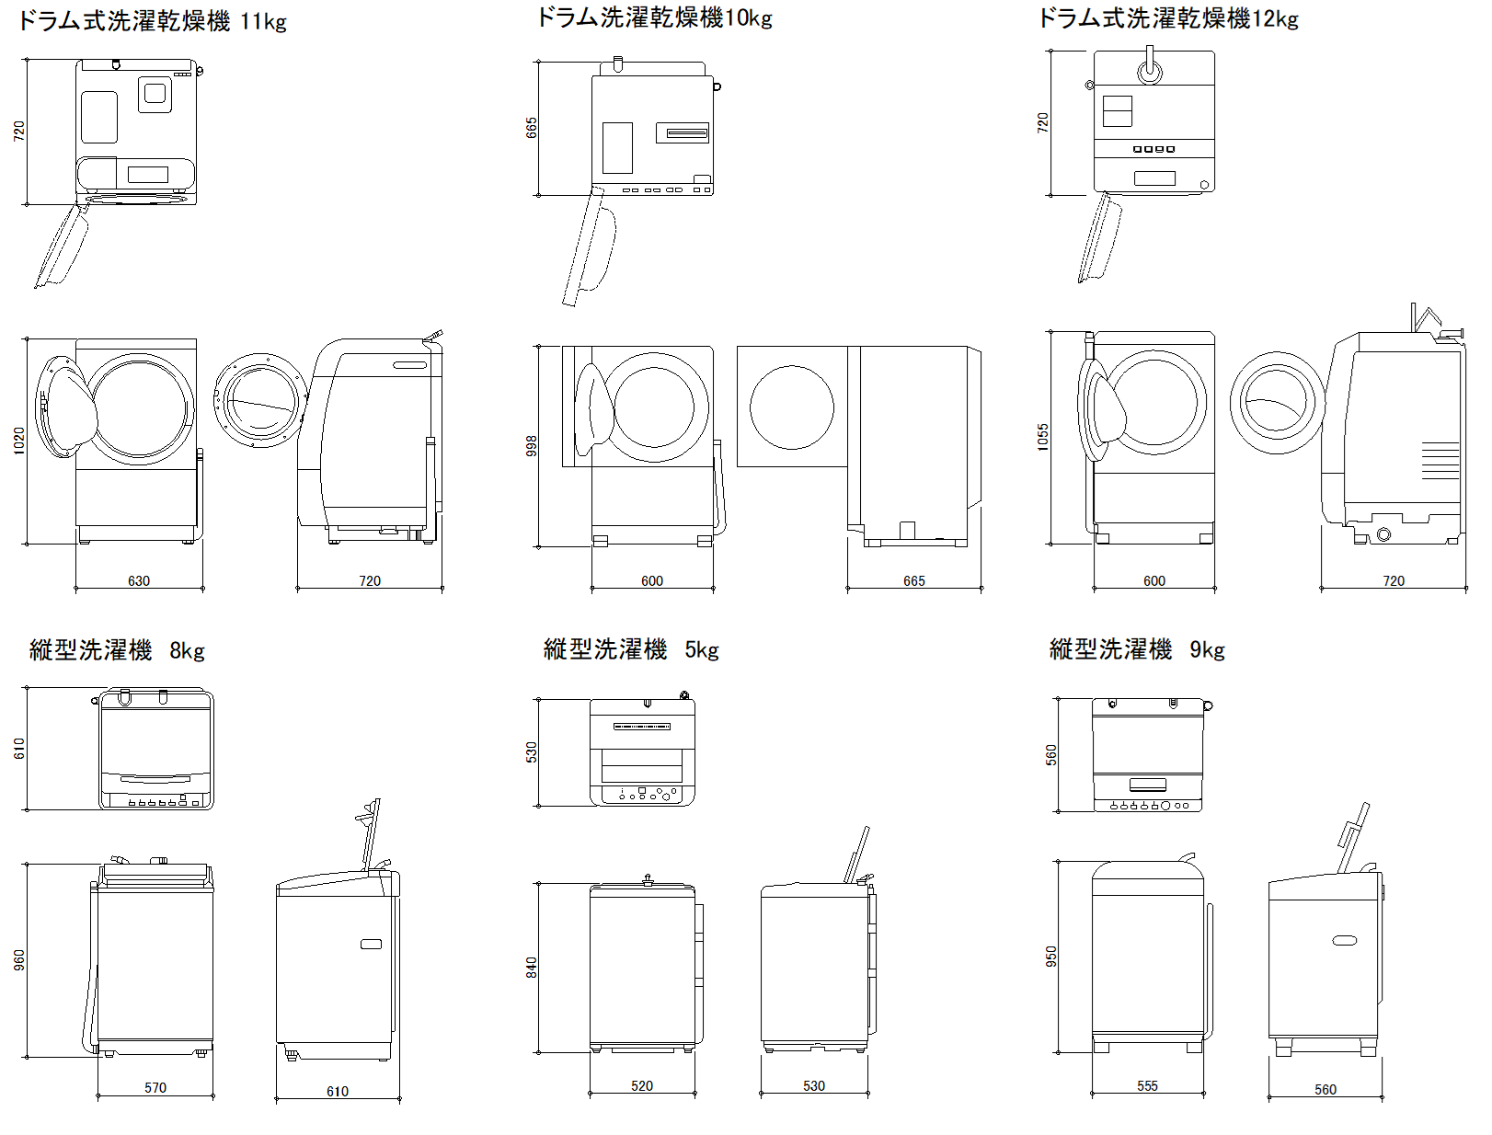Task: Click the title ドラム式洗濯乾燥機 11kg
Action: coord(152,20)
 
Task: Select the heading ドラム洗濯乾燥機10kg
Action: coord(654,18)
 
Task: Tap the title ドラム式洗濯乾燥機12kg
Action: coord(1167,18)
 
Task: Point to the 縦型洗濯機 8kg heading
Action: coord(117,650)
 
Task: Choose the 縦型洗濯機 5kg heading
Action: coord(631,649)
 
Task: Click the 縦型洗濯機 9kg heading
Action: coord(1137,649)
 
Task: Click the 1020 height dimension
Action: coord(19,441)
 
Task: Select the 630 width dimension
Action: coord(139,581)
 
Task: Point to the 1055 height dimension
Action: coord(1042,436)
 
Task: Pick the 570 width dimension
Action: coord(155,1088)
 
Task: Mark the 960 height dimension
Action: coord(19,960)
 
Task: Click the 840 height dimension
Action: coord(532,968)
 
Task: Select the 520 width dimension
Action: coord(642,1086)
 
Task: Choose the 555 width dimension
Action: coord(1147,1086)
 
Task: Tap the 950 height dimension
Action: coord(1051,957)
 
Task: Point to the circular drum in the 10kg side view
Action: coord(791,407)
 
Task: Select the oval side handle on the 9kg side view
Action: coord(1344,940)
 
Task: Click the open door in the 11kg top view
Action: coord(63,246)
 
